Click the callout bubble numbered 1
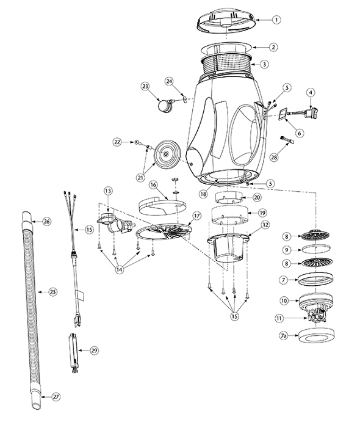click(x=276, y=20)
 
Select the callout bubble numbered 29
click(x=94, y=351)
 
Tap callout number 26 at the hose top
click(x=45, y=221)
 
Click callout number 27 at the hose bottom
click(x=56, y=396)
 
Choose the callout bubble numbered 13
click(x=108, y=192)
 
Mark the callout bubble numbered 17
click(x=196, y=216)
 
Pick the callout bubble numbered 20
click(x=257, y=198)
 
